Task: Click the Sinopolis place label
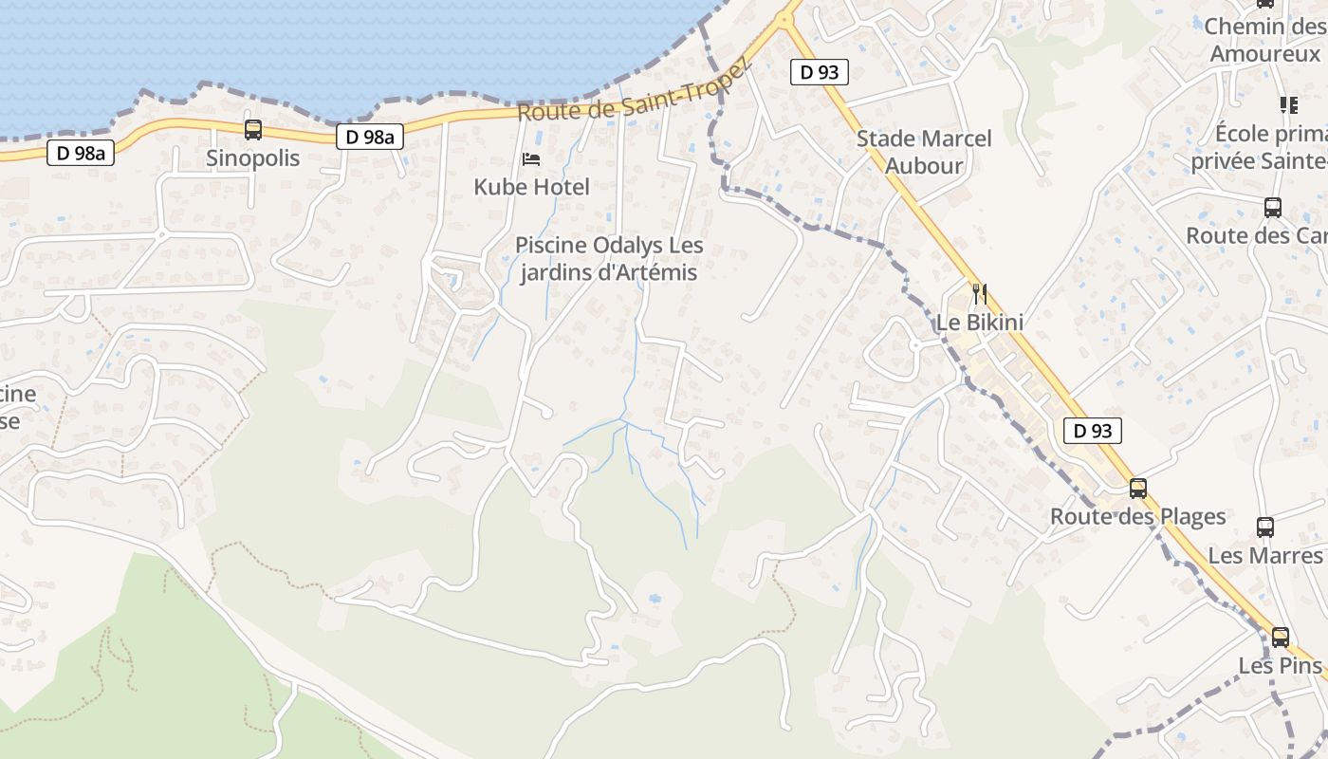(252, 158)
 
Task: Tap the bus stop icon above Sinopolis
(253, 130)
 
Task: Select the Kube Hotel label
(531, 187)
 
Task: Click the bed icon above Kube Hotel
(531, 158)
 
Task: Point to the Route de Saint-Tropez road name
(634, 91)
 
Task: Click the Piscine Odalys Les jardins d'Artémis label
(609, 259)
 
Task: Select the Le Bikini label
(980, 323)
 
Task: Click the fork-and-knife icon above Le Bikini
(980, 294)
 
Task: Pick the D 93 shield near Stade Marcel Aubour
(819, 71)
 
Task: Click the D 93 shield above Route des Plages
(1092, 431)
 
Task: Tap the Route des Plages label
(1137, 517)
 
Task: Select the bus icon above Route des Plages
(1138, 489)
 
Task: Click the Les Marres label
(1265, 555)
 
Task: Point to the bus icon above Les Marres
(1265, 528)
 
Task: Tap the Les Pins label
(1280, 666)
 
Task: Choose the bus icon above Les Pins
(1281, 638)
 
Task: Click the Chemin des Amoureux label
(1265, 40)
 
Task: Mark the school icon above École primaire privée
(1288, 104)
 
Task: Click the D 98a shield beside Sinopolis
(81, 152)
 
